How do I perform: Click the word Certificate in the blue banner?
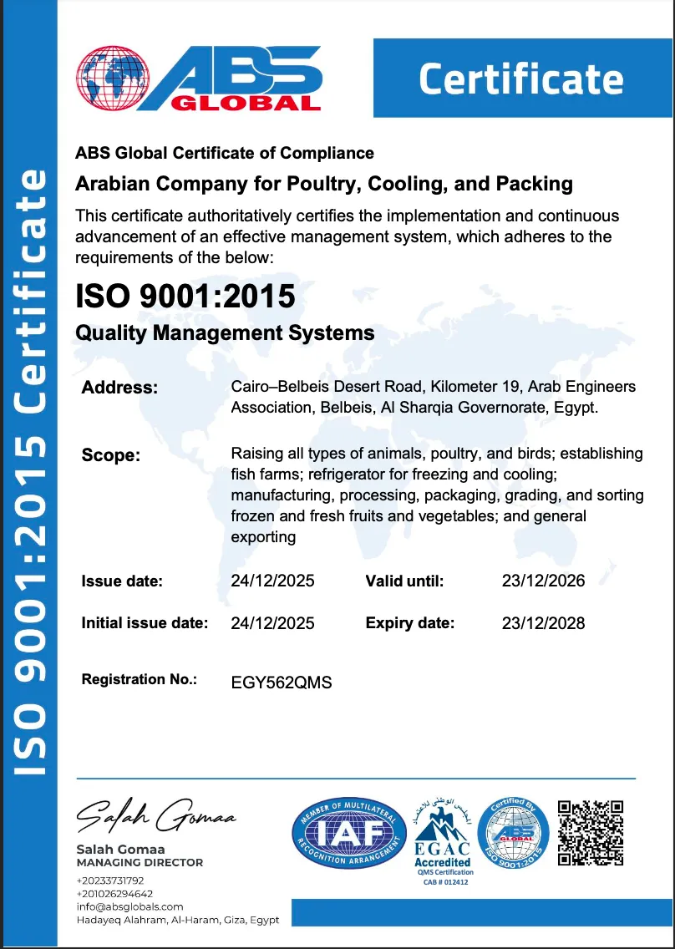[520, 79]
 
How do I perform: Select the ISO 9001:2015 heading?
[185, 296]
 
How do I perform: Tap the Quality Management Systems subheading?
[225, 332]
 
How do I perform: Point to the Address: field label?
[119, 388]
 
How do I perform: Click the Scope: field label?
[111, 455]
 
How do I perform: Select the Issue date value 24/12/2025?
[272, 581]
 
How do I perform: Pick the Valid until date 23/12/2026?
[543, 581]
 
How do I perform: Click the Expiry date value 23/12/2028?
[543, 622]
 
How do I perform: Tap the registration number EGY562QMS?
[282, 683]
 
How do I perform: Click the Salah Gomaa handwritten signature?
[155, 815]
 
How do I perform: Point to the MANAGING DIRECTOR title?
[140, 862]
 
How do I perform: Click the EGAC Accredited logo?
[443, 835]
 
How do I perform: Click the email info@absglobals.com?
[129, 906]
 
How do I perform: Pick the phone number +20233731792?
[110, 880]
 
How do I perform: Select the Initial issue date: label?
[145, 622]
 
